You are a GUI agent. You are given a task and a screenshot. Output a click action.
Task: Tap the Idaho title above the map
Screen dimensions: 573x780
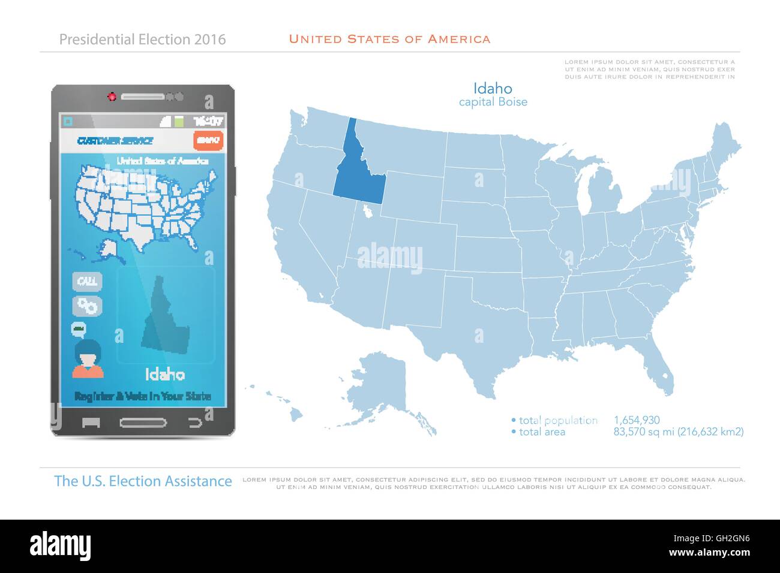tap(493, 89)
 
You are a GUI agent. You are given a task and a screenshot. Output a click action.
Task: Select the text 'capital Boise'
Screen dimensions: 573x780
tap(493, 102)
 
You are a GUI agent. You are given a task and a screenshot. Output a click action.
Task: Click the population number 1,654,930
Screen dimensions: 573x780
tap(637, 420)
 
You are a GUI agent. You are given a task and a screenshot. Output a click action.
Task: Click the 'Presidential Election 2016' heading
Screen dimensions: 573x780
tap(143, 40)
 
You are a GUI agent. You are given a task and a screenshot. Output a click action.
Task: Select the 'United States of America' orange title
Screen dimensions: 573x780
tap(389, 40)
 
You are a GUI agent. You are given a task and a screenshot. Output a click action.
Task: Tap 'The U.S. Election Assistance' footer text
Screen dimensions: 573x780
tap(143, 481)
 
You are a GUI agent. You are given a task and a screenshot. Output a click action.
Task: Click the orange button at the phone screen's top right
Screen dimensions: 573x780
tap(208, 140)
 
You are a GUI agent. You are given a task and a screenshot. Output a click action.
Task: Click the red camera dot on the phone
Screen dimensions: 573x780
tap(111, 96)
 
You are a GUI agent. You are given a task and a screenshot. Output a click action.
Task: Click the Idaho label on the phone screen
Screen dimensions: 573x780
tap(165, 375)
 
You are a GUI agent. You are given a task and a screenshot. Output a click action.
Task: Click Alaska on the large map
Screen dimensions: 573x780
tap(384, 384)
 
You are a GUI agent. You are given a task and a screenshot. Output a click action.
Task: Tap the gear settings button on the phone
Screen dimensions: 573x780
tap(88, 306)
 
